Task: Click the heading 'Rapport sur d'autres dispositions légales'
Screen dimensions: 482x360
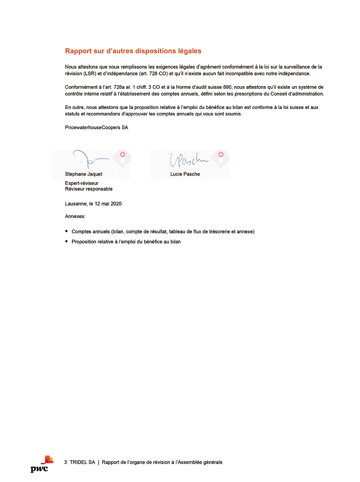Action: point(133,51)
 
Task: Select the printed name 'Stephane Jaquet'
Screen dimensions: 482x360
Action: point(84,174)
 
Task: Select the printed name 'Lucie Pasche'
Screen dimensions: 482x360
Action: point(185,174)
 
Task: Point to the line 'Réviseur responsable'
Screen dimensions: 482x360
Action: point(89,189)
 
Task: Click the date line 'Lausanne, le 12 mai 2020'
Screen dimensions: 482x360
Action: point(93,203)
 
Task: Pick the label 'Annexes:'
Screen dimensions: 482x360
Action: point(75,216)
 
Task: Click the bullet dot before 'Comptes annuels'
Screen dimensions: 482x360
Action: point(67,231)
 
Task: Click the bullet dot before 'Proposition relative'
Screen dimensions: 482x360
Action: point(67,242)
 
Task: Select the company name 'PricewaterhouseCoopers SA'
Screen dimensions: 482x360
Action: point(97,128)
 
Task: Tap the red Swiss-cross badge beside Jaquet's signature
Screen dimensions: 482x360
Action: point(122,155)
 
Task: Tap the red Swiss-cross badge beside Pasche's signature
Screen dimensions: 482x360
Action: point(221,155)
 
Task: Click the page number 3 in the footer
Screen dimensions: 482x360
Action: point(66,462)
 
